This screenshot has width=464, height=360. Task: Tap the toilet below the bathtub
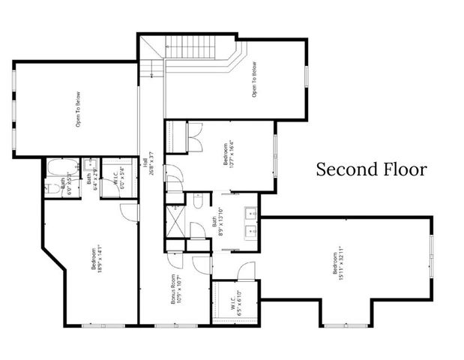pos(50,187)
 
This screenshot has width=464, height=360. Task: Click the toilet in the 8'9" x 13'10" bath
pos(197,200)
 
